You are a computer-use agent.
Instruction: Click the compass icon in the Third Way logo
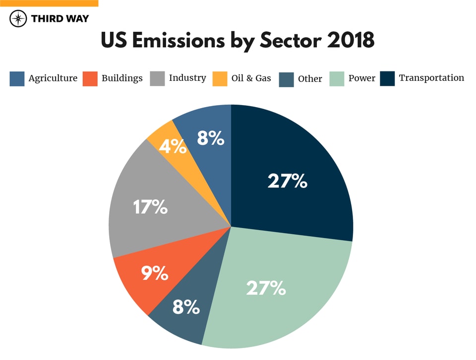[18, 19]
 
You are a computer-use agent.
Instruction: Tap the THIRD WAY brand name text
[59, 19]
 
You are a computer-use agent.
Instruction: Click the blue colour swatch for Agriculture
[17, 79]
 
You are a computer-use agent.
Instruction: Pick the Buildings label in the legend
[122, 78]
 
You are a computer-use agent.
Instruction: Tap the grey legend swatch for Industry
[157, 79]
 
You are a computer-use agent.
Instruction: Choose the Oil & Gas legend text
[251, 78]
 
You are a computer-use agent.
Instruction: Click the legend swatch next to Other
[286, 79]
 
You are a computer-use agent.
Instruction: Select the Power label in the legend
[361, 78]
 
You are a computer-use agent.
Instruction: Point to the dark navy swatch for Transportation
[387, 79]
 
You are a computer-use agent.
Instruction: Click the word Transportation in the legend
[431, 78]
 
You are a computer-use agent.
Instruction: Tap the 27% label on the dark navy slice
[288, 181]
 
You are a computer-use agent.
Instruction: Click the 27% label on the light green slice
[266, 288]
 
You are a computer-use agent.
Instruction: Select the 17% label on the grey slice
[150, 207]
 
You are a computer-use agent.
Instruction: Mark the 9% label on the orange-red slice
[155, 273]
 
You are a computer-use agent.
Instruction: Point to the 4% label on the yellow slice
[173, 147]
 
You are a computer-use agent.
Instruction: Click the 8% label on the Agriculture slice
[211, 138]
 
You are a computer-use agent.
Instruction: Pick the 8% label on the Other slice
[186, 307]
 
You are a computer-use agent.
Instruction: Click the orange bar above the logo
[49, 3]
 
